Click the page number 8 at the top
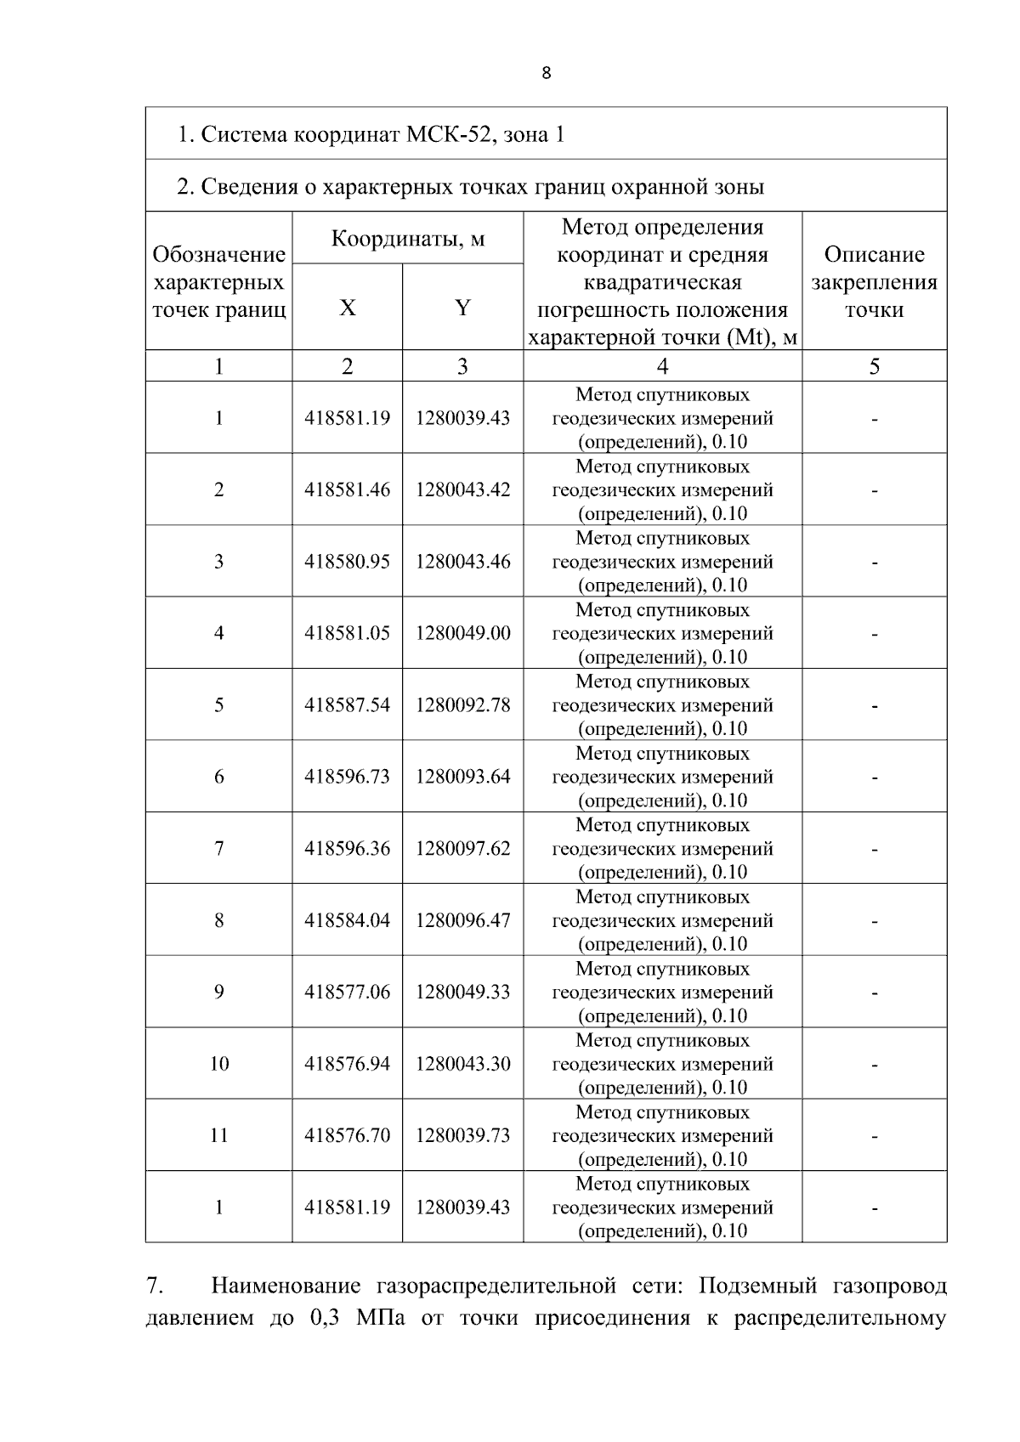(x=546, y=73)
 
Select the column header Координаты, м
(x=407, y=238)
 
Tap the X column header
(x=347, y=308)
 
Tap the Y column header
(x=462, y=308)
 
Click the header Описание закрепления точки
(x=874, y=281)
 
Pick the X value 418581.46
(x=347, y=489)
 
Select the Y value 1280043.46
(x=462, y=561)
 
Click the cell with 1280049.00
(x=462, y=633)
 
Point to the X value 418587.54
(x=347, y=704)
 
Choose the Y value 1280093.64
(x=462, y=777)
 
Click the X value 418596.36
(x=347, y=848)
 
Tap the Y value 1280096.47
(x=462, y=920)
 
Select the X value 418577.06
(x=347, y=992)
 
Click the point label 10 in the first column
(x=219, y=1064)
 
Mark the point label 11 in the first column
(x=219, y=1135)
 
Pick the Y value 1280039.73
(x=462, y=1135)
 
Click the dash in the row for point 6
(x=874, y=777)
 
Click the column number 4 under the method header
(x=662, y=366)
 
